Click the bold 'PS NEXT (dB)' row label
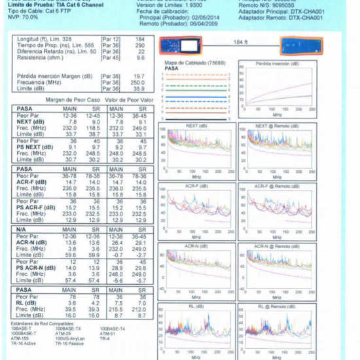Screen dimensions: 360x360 click(31, 147)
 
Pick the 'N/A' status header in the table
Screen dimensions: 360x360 click(22, 229)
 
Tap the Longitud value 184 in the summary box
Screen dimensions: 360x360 click(139, 39)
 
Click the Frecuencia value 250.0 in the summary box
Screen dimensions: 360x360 click(137, 82)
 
